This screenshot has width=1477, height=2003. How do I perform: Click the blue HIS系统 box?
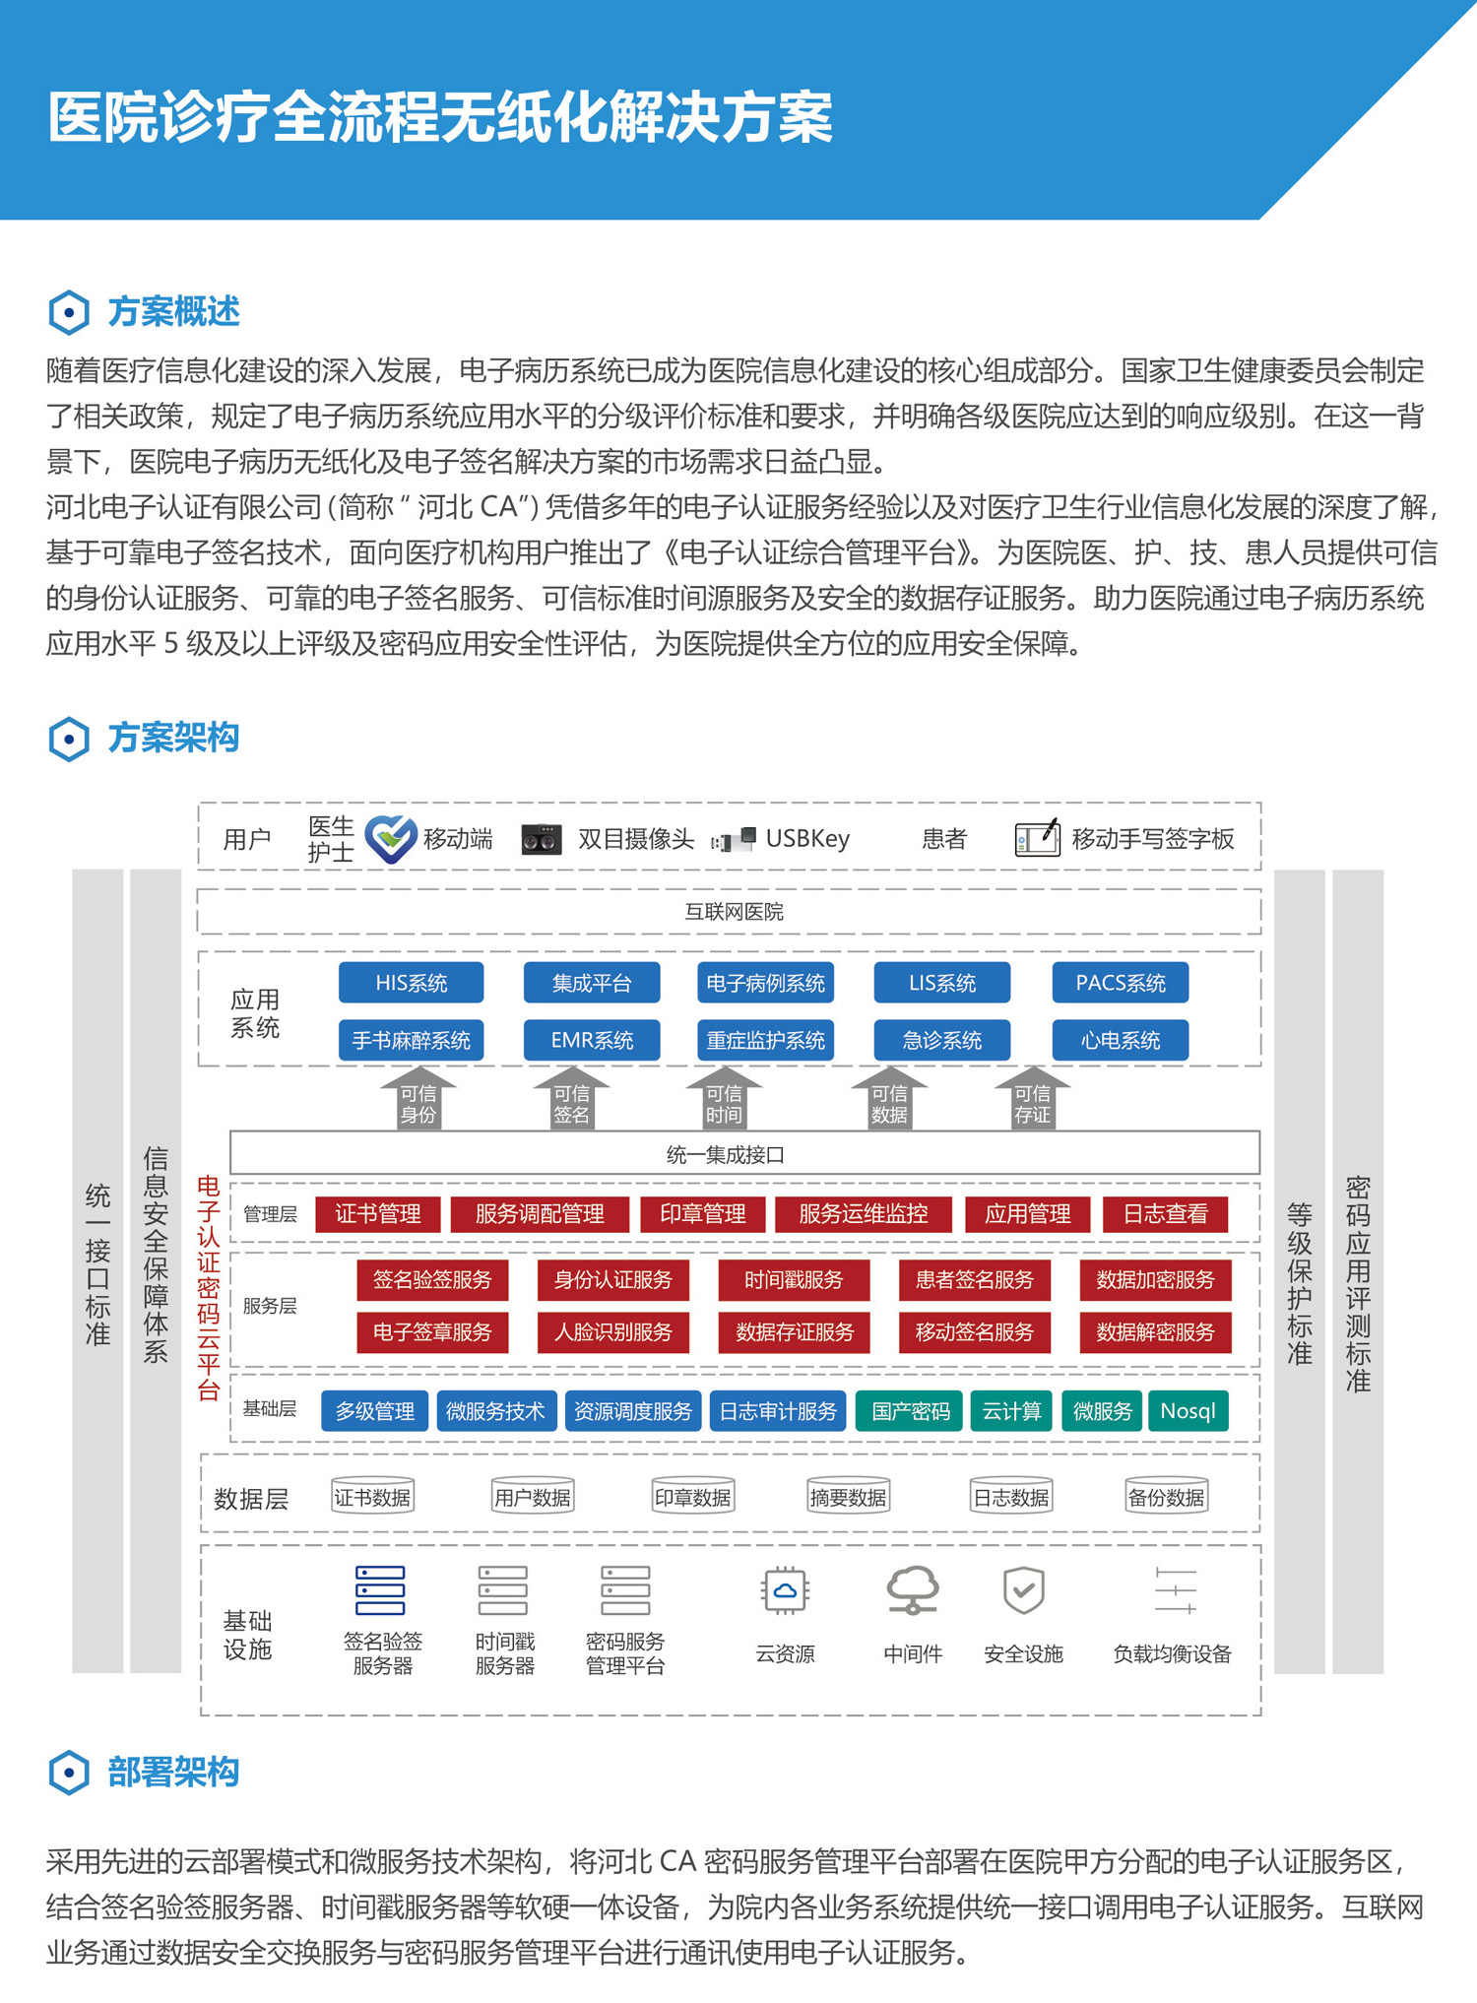click(x=411, y=983)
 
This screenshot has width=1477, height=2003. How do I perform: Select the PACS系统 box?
click(x=1120, y=983)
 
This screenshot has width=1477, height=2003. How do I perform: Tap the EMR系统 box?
click(x=591, y=1040)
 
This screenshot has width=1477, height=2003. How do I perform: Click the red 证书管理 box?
click(x=377, y=1213)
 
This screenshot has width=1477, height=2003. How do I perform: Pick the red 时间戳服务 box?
click(x=794, y=1279)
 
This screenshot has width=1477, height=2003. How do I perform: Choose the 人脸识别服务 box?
click(x=612, y=1331)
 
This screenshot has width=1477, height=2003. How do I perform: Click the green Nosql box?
click(x=1188, y=1410)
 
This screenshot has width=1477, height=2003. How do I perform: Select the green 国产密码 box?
click(x=910, y=1410)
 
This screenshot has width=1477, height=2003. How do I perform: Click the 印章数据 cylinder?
click(x=693, y=1496)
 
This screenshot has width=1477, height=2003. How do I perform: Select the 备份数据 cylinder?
click(x=1166, y=1496)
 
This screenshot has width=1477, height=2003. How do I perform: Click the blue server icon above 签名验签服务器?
click(x=380, y=1590)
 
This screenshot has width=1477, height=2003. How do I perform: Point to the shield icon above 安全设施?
click(x=1023, y=1589)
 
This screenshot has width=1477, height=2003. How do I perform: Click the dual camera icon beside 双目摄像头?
click(x=541, y=839)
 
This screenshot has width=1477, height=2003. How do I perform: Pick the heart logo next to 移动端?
click(x=390, y=839)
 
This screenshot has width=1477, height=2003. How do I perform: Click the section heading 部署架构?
click(x=173, y=1772)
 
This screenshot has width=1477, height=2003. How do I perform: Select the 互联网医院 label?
click(x=734, y=912)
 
